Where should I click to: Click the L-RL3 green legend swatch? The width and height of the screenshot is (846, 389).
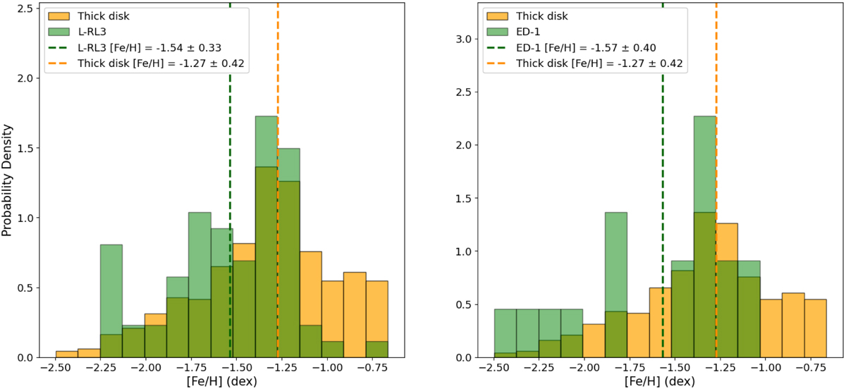59,32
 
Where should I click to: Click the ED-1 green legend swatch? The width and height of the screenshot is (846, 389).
497,32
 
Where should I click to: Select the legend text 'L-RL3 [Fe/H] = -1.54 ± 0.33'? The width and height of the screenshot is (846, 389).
149,48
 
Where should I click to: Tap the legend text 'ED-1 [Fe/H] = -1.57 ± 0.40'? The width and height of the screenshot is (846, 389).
586,48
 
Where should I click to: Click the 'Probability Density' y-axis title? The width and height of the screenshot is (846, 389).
7,180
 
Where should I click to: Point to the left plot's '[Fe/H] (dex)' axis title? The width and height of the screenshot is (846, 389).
222,381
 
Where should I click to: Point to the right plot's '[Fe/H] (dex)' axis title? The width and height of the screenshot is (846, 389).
660,381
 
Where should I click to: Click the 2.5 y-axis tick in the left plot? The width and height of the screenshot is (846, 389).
25,8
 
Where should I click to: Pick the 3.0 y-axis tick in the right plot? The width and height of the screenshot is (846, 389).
463,39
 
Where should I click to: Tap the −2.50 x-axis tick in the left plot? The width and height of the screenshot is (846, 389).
56,367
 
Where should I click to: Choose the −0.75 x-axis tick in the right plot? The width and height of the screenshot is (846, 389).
815,367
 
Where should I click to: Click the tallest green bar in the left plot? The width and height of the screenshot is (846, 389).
266,237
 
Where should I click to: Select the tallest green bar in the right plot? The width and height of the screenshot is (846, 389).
705,237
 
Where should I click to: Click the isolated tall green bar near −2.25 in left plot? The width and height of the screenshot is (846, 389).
111,301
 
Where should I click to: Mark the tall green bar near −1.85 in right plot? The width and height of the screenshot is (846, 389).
616,285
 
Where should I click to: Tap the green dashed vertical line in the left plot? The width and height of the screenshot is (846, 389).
230,180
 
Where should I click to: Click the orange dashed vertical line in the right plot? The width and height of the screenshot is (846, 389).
716,180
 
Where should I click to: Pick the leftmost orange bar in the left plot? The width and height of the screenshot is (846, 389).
67,354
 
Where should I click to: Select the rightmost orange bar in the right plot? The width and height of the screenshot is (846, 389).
816,328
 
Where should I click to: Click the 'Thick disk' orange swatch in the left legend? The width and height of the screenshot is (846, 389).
59,16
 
